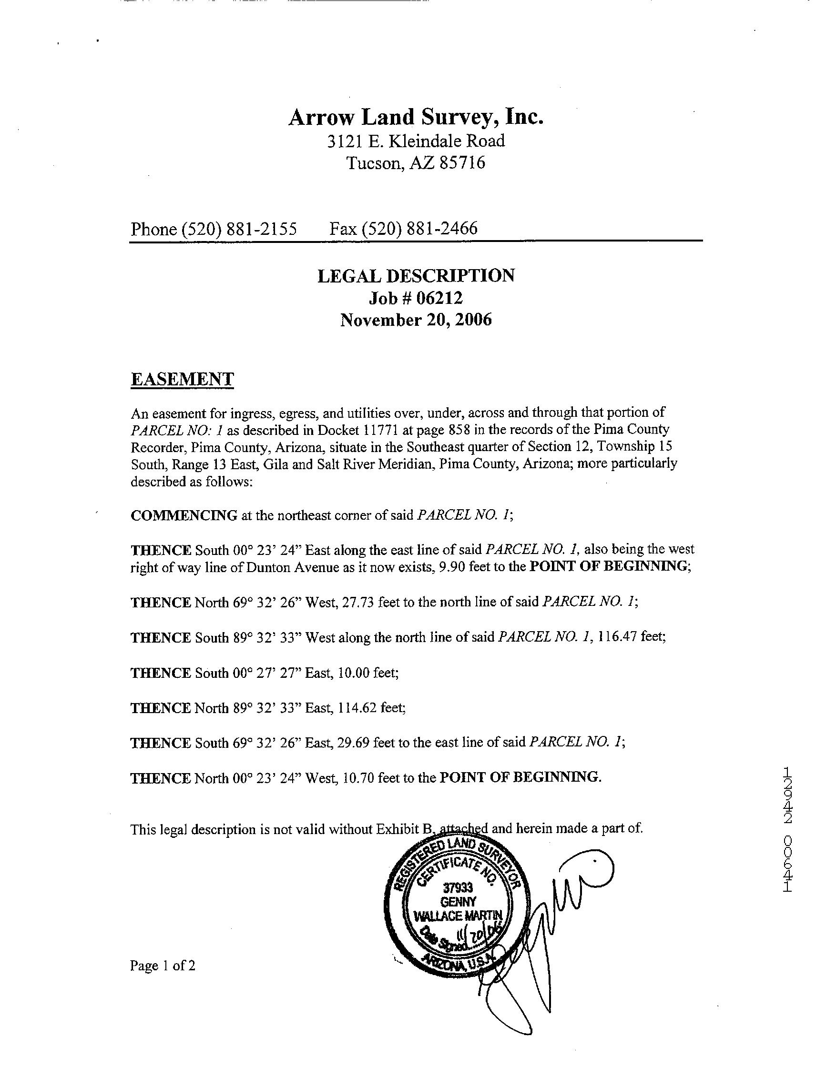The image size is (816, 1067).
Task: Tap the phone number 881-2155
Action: [266, 229]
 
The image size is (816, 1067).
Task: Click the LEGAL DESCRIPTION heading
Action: [416, 276]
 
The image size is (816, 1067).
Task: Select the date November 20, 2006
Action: [416, 320]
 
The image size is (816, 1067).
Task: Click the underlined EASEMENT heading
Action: [182, 379]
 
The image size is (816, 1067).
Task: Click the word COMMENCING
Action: [184, 515]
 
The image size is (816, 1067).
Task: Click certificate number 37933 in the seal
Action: [458, 888]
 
